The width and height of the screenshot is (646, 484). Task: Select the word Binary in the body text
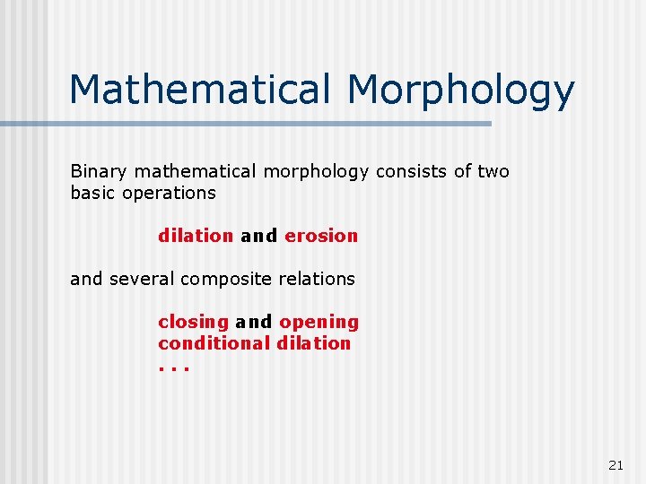click(x=97, y=171)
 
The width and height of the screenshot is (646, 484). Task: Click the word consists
click(x=404, y=171)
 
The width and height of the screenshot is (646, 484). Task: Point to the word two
click(x=493, y=171)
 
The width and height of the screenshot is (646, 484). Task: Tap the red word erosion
click(x=321, y=236)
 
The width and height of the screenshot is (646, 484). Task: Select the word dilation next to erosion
click(x=196, y=236)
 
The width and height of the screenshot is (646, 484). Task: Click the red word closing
click(x=193, y=323)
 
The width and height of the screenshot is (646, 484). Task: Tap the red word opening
click(x=319, y=323)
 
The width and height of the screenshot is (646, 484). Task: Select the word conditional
click(x=214, y=343)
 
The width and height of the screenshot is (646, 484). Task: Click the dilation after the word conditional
click(x=314, y=343)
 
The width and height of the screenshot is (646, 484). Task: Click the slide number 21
click(x=615, y=465)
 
